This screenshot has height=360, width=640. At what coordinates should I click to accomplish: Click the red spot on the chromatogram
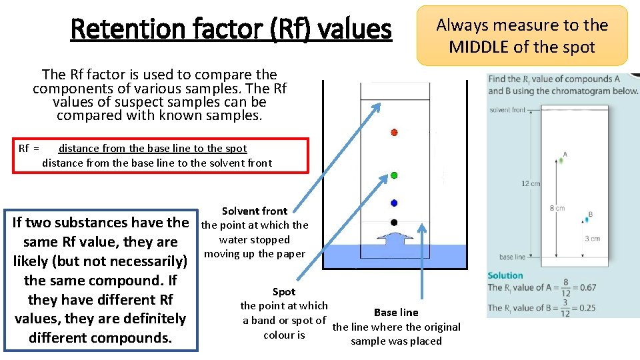(394, 133)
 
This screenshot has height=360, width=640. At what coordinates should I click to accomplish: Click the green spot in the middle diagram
(394, 175)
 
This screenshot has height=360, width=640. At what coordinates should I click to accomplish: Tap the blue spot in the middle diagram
(394, 203)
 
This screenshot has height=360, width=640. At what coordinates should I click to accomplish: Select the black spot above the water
(394, 222)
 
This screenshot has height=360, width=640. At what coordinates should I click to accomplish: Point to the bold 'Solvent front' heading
(255, 211)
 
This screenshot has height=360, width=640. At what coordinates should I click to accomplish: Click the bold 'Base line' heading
(396, 312)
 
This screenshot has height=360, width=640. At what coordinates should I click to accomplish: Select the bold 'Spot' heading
(284, 291)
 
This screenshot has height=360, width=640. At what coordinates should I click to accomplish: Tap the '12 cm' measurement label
(531, 183)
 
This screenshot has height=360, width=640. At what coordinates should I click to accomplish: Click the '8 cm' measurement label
(557, 208)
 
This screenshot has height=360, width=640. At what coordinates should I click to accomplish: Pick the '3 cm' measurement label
(592, 238)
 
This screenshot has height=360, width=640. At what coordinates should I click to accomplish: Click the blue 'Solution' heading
(505, 275)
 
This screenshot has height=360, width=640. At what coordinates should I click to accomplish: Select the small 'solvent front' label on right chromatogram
(507, 109)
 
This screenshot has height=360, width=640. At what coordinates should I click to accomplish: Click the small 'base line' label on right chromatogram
(511, 257)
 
